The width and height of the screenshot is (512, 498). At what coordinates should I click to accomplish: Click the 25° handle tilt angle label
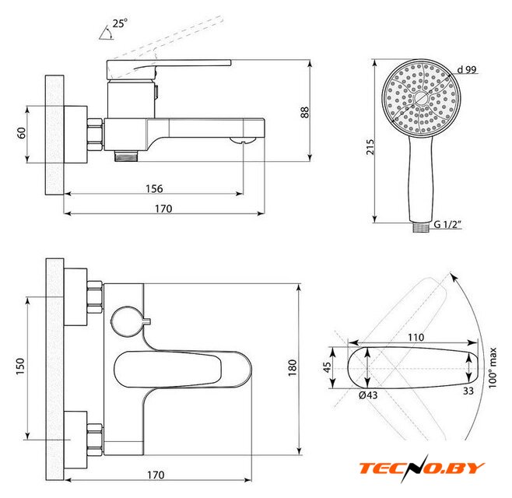click(x=120, y=23)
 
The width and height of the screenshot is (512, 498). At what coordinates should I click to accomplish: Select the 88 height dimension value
click(x=304, y=112)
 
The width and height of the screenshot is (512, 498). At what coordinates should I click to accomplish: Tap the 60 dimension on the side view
click(x=22, y=133)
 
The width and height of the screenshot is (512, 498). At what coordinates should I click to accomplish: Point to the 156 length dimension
click(x=154, y=189)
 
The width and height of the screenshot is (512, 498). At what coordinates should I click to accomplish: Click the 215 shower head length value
click(x=370, y=147)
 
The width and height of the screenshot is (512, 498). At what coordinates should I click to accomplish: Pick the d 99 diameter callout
click(x=467, y=69)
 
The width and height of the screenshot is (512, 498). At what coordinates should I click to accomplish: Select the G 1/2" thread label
click(x=447, y=224)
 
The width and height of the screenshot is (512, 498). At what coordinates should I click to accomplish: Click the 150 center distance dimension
click(x=20, y=366)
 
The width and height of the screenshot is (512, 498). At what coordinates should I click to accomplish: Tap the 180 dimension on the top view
click(x=293, y=368)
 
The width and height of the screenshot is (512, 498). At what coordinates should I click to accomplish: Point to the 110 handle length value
click(x=416, y=338)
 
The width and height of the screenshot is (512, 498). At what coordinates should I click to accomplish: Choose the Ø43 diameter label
click(x=368, y=395)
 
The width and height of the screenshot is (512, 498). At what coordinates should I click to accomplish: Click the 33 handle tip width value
click(x=468, y=391)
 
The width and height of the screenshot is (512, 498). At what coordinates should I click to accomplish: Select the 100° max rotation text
click(x=493, y=368)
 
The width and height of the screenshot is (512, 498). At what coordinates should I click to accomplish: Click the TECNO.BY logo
click(x=422, y=468)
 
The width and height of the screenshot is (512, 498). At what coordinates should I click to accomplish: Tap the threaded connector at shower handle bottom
click(x=420, y=227)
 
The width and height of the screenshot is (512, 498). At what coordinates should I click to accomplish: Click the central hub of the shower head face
click(x=421, y=98)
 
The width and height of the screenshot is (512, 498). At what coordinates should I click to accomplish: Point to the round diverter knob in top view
click(x=127, y=321)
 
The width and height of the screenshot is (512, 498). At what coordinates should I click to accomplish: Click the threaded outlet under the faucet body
click(x=126, y=156)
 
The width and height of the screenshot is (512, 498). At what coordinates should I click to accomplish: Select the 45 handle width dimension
click(x=327, y=367)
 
